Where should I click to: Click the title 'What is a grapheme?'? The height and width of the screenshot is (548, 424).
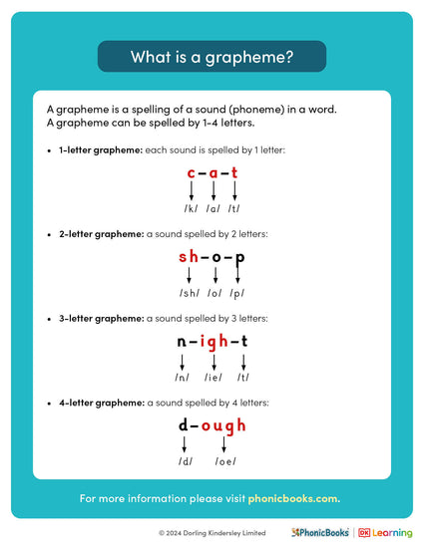click(212, 57)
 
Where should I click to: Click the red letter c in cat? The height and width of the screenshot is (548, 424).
click(191, 173)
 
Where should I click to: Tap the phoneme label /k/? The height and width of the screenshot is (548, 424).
click(191, 209)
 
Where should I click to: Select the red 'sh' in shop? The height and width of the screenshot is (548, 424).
click(189, 257)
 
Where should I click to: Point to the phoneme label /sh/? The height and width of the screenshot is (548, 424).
click(189, 293)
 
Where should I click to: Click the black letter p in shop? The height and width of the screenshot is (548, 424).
click(239, 258)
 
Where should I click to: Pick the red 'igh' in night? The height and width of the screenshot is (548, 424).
click(213, 342)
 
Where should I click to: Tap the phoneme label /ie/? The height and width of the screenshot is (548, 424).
click(212, 378)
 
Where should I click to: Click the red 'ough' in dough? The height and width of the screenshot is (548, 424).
click(223, 426)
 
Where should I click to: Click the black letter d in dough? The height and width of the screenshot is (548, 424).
click(184, 425)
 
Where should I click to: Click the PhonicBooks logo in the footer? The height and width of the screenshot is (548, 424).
click(320, 533)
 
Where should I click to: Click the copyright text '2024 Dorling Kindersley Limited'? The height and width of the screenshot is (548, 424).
click(215, 533)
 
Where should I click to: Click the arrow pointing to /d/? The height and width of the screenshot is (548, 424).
click(184, 445)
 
